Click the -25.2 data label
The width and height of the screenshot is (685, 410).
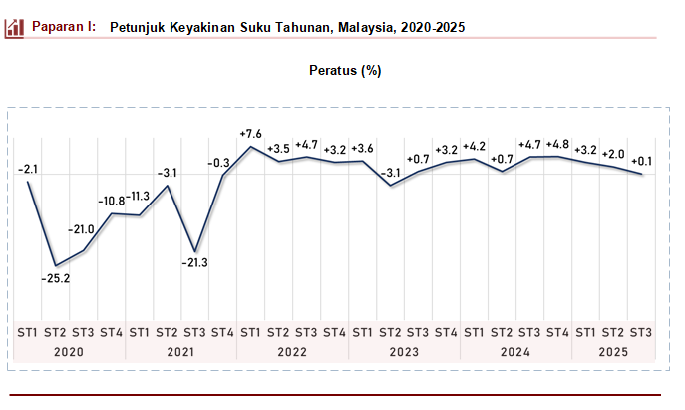click(x=55, y=278)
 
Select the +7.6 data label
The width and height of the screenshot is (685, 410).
click(x=251, y=134)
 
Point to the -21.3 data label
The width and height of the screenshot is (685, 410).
click(x=194, y=263)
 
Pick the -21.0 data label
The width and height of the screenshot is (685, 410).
click(x=81, y=229)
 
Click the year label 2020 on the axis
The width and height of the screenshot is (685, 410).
click(x=69, y=352)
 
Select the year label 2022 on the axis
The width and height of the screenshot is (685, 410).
click(x=292, y=352)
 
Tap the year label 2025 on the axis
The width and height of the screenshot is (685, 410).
click(x=613, y=352)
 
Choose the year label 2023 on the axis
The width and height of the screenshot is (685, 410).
click(x=404, y=352)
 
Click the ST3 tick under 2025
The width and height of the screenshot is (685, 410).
click(x=641, y=332)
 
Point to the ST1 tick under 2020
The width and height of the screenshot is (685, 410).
click(x=27, y=332)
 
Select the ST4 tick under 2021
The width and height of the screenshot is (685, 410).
click(x=222, y=332)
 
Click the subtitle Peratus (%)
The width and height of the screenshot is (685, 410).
click(x=345, y=71)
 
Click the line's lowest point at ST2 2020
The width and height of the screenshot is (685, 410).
click(x=55, y=265)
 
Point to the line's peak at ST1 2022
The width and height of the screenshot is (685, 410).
click(x=250, y=148)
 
